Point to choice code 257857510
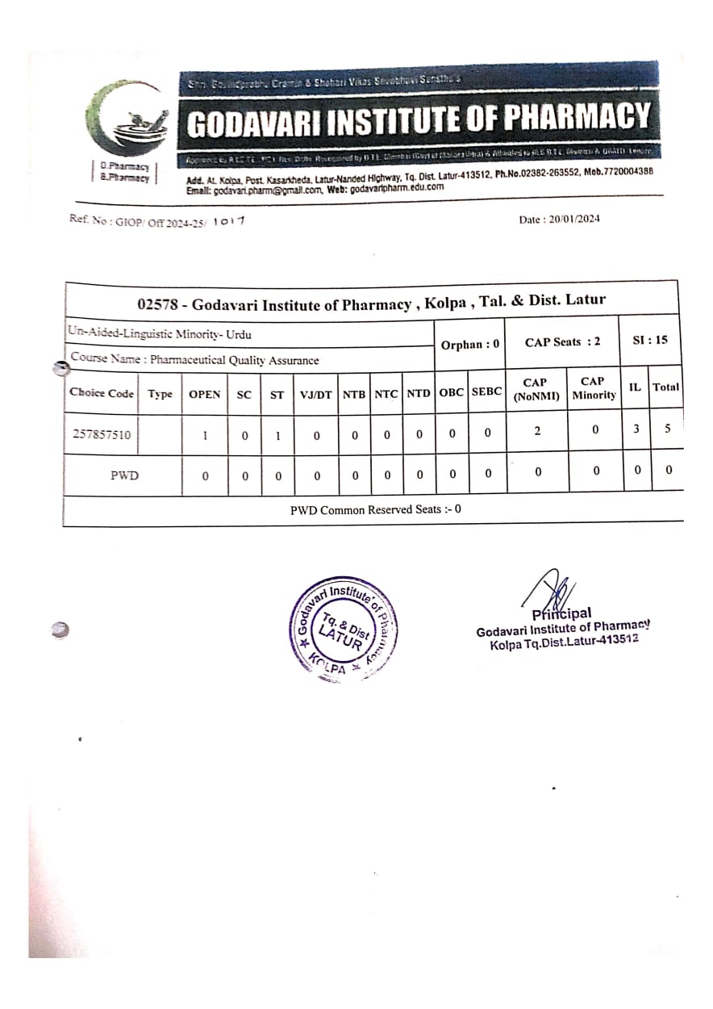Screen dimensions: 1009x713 [x=104, y=434]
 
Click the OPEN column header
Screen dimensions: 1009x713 [x=204, y=394]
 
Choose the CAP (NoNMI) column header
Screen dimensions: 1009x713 [x=535, y=388]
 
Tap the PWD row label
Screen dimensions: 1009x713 [x=124, y=475]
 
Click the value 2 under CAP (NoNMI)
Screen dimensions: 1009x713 [x=538, y=431]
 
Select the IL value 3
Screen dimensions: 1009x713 [x=636, y=429]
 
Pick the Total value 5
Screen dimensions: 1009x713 [x=667, y=429]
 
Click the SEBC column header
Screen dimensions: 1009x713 [x=486, y=391]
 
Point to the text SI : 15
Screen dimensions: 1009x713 [x=650, y=340]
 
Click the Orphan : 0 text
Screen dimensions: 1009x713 [x=470, y=344]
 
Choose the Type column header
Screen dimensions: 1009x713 [x=160, y=394]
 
